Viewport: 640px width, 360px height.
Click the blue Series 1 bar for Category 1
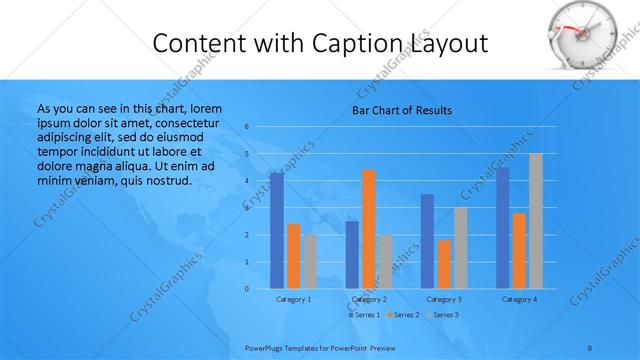click(276, 231)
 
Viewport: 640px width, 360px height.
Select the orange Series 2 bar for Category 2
click(369, 229)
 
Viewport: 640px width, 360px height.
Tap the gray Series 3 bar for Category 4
click(536, 221)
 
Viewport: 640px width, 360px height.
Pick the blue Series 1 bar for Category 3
click(427, 241)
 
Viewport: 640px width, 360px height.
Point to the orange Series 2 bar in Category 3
click(444, 264)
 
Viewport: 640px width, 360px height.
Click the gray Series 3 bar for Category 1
click(310, 261)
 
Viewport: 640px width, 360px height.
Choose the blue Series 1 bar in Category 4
click(502, 228)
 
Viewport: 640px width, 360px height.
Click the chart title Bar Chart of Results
click(402, 110)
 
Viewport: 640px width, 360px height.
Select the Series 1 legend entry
click(364, 315)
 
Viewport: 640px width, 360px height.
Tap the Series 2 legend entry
click(402, 315)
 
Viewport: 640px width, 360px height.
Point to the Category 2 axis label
click(369, 299)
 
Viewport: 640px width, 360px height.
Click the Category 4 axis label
click(519, 299)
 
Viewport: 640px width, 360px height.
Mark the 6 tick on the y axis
click(247, 127)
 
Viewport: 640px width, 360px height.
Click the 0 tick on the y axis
click(247, 289)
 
